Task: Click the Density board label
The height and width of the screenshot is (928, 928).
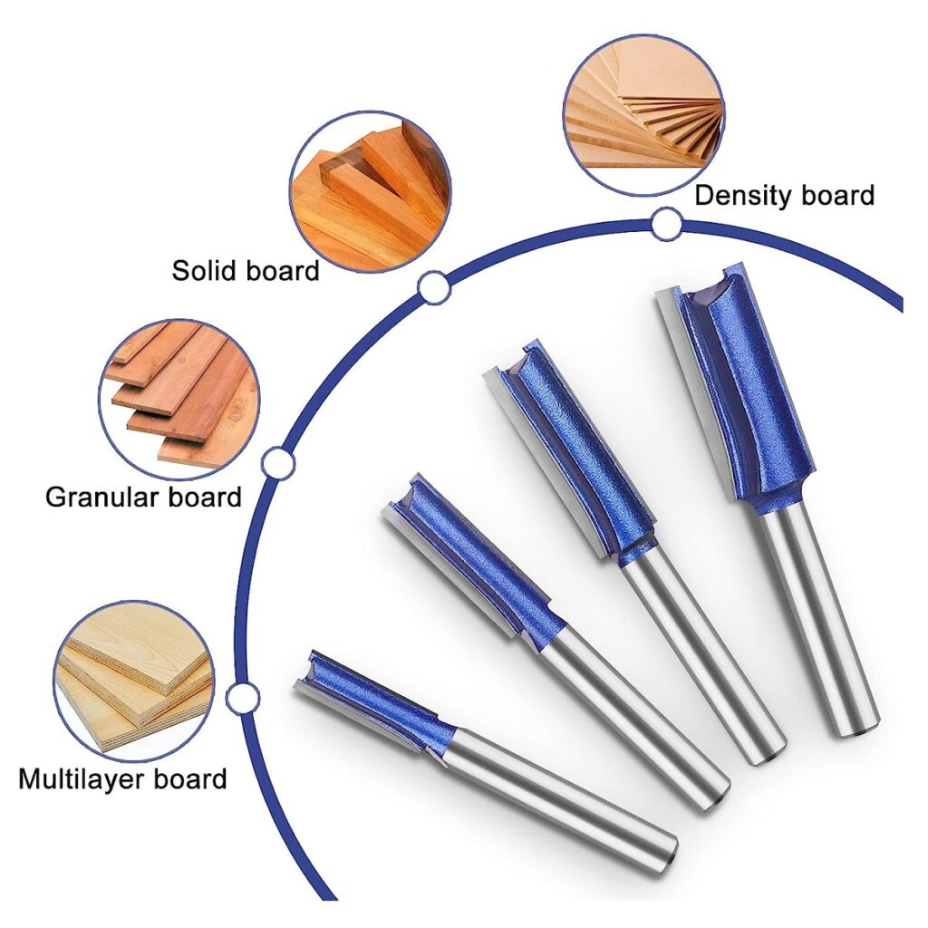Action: click(x=784, y=195)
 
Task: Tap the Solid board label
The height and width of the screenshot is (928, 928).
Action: click(x=246, y=270)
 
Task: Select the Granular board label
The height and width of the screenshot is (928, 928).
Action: click(x=143, y=497)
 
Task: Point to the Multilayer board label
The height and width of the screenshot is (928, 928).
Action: click(x=122, y=779)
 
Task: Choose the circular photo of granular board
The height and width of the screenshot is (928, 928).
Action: click(x=179, y=392)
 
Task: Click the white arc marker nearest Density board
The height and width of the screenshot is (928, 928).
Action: click(x=667, y=224)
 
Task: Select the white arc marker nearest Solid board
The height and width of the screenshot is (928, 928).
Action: click(x=434, y=286)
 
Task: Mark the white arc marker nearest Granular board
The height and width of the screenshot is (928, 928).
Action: click(x=277, y=463)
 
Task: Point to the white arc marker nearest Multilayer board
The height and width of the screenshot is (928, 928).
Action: click(x=242, y=698)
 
